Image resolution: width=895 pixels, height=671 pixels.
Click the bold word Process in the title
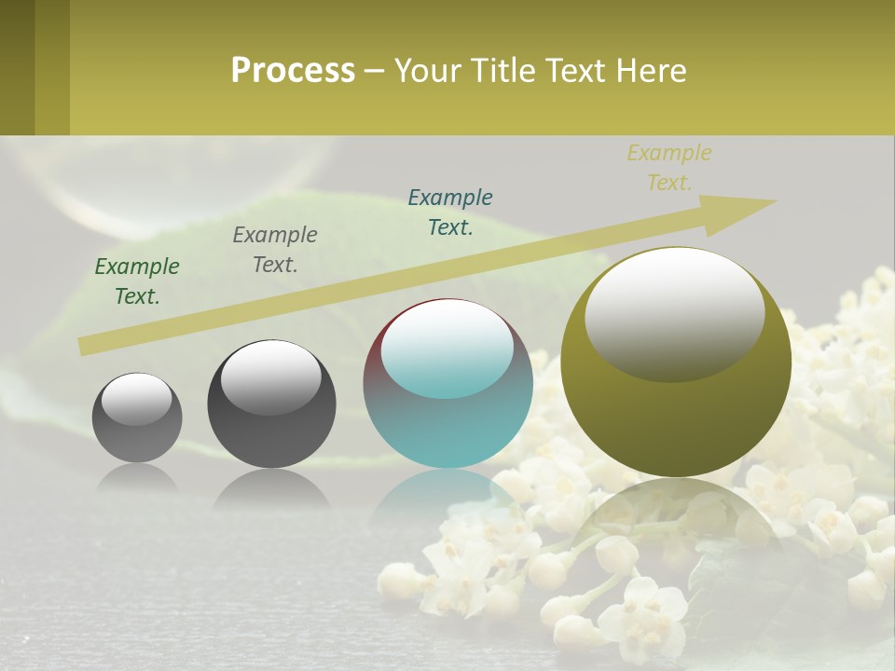pos(293,71)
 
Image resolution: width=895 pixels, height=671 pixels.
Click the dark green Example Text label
pos(137,281)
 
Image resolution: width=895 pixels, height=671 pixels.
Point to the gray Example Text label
pos(275,249)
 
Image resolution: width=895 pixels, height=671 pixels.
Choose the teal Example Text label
pos(450,212)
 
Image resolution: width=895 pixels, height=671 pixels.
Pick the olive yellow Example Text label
pos(669,168)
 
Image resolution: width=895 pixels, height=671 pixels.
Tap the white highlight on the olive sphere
pos(675,312)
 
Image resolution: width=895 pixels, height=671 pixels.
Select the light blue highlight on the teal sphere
pos(447,347)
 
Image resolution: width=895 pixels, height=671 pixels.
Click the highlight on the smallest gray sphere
pos(137,398)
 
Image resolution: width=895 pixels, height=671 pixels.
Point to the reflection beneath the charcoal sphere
pos(271,488)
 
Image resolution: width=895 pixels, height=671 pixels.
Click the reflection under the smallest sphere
pos(137,476)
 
